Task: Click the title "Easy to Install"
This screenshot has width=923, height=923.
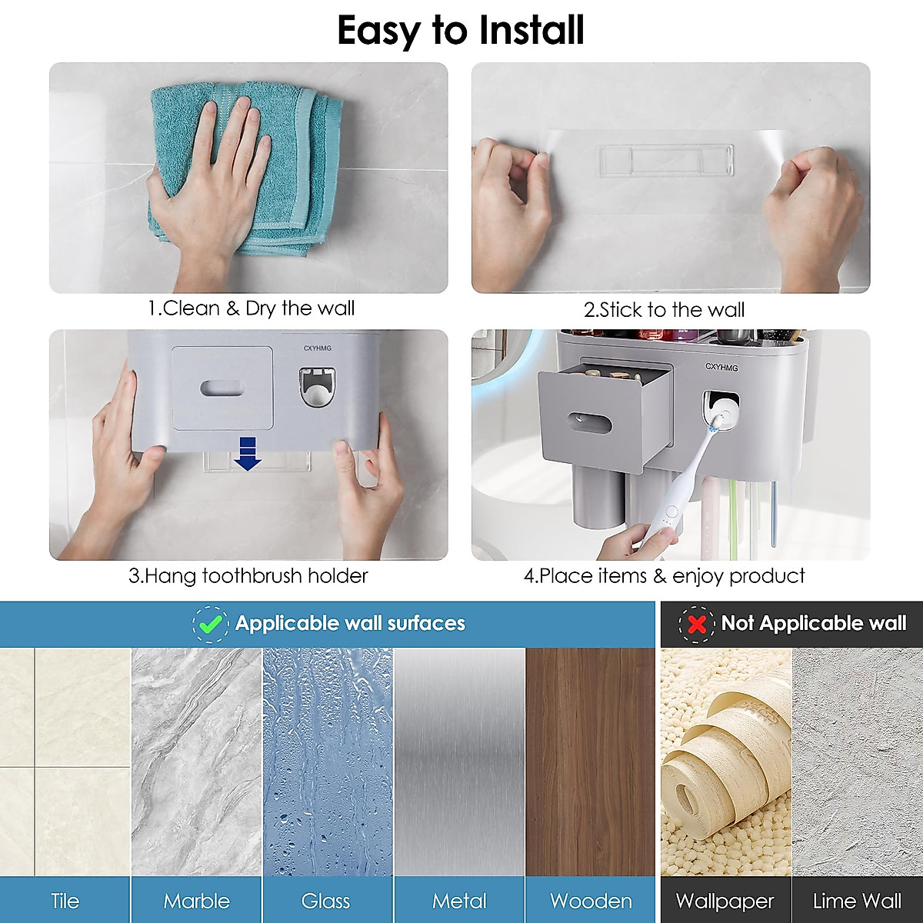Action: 461,31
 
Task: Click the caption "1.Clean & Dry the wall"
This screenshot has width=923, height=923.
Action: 252,308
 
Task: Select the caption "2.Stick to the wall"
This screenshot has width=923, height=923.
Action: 664,310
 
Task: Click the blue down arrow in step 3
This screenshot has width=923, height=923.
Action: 248,452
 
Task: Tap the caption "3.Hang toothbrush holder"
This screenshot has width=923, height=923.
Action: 248,576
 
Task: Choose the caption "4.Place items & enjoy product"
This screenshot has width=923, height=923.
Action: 664,576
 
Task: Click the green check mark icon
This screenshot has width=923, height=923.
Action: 210,624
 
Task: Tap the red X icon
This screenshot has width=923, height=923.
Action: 697,624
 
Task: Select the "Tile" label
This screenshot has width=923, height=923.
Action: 65,901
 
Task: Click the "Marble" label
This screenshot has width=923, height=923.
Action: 196,901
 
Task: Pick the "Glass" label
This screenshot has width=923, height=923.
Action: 326,901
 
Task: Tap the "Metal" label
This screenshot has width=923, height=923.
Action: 459,901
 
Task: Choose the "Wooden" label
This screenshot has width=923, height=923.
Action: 591,901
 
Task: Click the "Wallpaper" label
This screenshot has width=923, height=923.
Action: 725,901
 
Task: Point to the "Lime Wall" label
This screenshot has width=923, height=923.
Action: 857,901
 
